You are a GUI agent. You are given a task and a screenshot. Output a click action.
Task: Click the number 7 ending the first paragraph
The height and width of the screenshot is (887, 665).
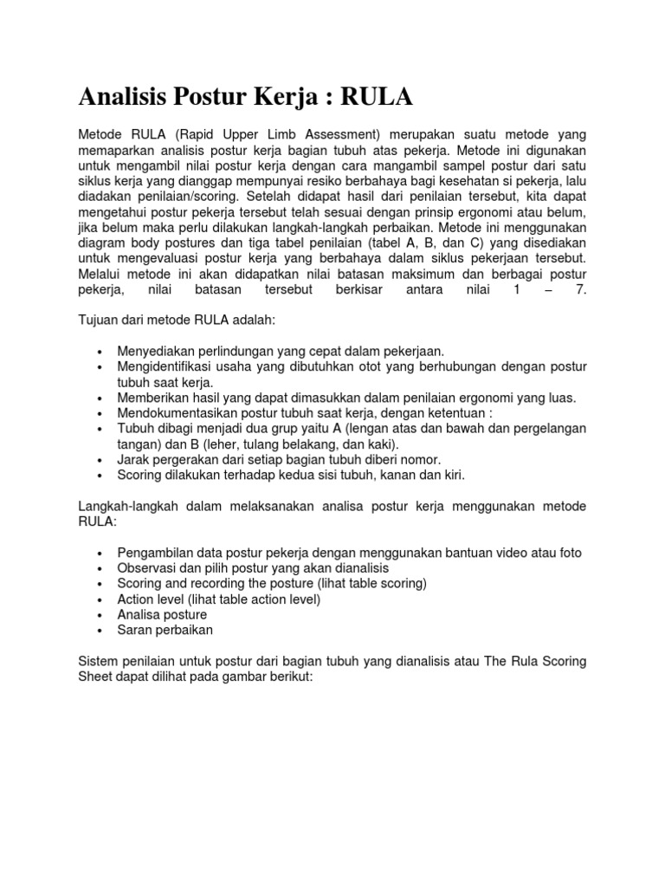582,290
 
